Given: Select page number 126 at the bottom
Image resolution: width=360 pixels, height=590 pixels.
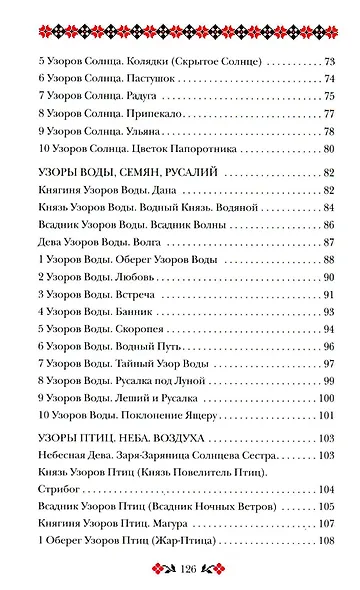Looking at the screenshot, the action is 180,570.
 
